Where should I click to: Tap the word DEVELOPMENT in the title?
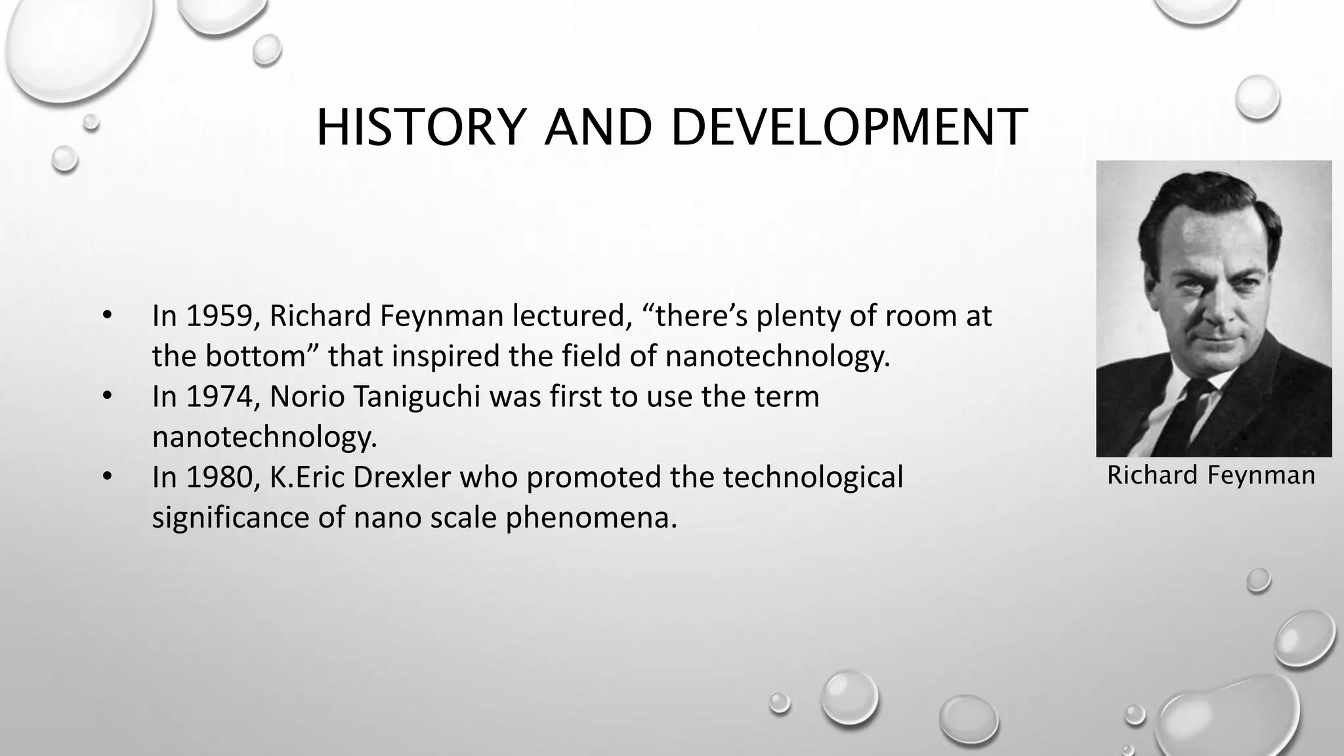click(x=849, y=127)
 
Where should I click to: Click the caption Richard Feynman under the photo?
click(x=1211, y=475)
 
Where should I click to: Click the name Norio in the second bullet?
click(x=307, y=396)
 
